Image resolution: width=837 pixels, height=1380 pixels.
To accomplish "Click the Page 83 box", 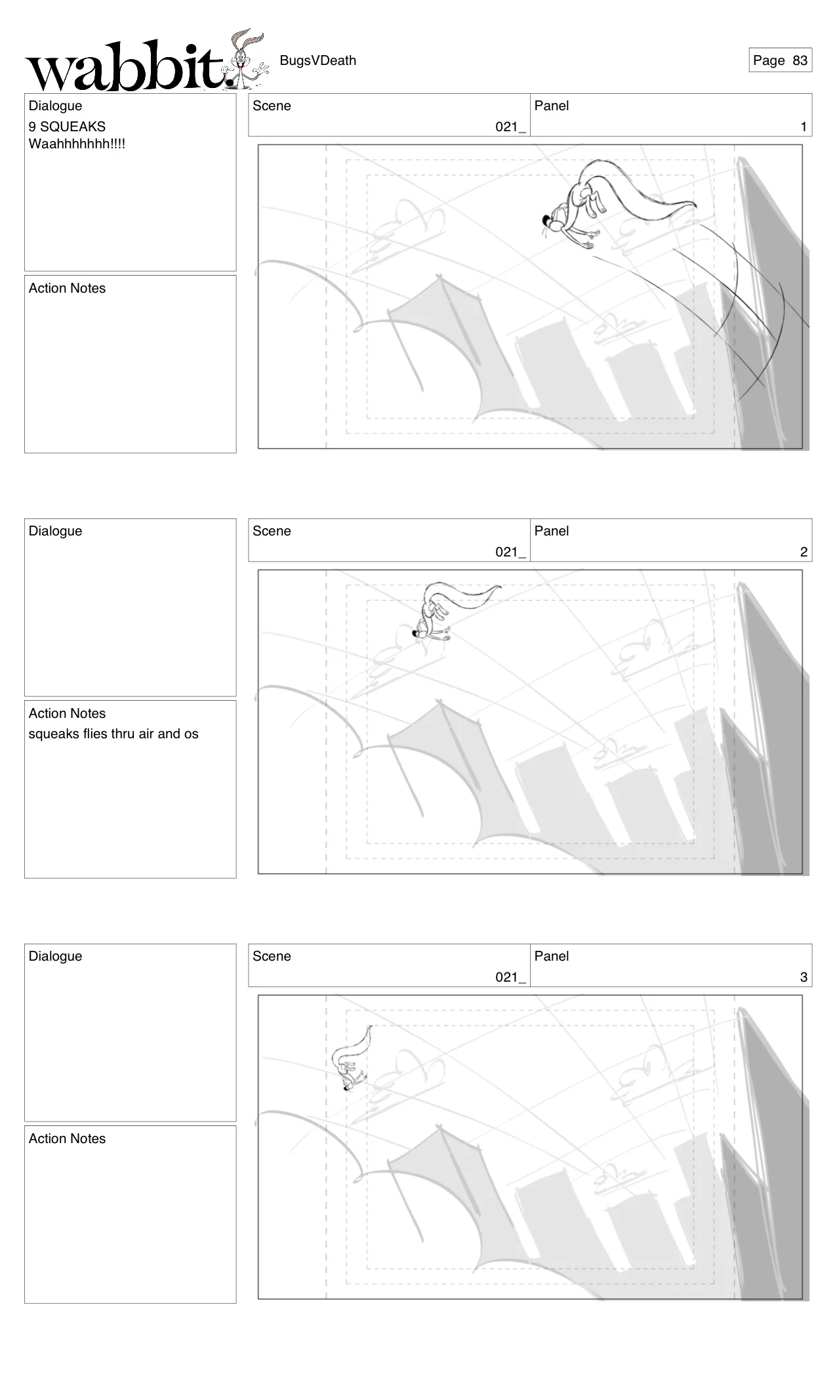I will point(780,60).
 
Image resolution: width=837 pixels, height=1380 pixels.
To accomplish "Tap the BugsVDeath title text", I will point(317,60).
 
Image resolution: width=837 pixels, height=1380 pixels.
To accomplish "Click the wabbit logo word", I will point(125,68).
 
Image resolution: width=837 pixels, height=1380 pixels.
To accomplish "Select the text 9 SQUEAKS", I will point(67,127).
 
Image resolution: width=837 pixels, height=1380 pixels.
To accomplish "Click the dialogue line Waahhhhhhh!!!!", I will point(77,144).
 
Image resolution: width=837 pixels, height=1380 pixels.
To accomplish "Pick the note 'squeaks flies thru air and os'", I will point(113,734).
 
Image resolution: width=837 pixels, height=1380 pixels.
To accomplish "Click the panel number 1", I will point(803,127).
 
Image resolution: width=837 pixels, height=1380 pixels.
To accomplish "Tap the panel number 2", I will point(803,552).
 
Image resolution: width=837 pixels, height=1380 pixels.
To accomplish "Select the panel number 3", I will point(803,977).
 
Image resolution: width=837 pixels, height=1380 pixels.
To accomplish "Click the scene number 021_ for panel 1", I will point(510,127).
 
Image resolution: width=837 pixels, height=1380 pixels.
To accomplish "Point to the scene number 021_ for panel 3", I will point(510,977).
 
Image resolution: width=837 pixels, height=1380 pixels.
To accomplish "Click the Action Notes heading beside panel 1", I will point(67,288).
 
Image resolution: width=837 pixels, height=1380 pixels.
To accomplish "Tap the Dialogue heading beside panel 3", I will point(55,956).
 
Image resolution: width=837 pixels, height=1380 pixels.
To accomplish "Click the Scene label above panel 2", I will point(272,531).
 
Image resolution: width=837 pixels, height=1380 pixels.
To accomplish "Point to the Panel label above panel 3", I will point(551,956).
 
